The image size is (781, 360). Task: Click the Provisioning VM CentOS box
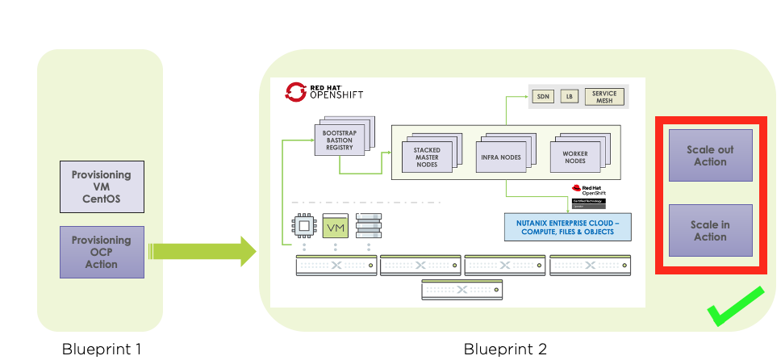click(102, 186)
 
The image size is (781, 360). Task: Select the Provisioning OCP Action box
click(102, 252)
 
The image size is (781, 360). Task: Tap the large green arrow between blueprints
click(202, 251)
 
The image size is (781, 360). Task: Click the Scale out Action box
click(710, 156)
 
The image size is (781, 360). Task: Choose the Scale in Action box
click(710, 230)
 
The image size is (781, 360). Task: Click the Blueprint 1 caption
click(100, 350)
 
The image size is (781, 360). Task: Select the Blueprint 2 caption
click(505, 350)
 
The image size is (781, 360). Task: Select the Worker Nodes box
click(574, 156)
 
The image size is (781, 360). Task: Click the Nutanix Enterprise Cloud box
click(567, 227)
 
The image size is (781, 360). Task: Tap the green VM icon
click(336, 227)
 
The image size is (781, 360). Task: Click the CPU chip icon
click(303, 227)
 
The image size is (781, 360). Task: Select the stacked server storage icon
click(368, 227)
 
